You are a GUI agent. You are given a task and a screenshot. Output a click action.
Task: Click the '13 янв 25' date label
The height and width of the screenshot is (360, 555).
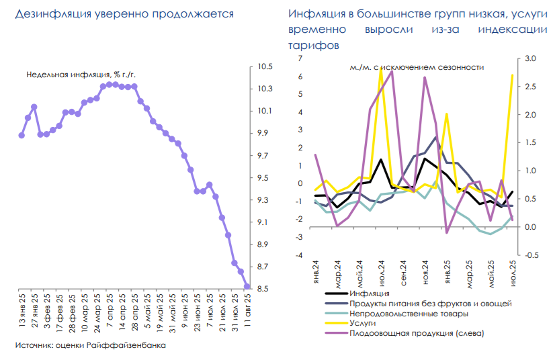(x=22, y=312)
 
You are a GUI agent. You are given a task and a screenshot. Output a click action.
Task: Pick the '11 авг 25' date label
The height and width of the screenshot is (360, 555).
(x=247, y=312)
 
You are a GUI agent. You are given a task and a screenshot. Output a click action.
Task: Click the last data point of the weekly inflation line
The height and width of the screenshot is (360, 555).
(x=247, y=287)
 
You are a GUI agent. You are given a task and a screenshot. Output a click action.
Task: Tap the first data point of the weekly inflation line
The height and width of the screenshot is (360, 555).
(x=22, y=135)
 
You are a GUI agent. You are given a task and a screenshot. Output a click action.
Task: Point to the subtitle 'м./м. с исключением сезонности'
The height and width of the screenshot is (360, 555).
(x=417, y=67)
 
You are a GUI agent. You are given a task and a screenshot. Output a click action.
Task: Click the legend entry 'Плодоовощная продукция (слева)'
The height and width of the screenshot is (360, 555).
(x=417, y=333)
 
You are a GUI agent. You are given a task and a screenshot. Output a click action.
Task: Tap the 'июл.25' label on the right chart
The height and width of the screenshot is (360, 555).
(x=514, y=273)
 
